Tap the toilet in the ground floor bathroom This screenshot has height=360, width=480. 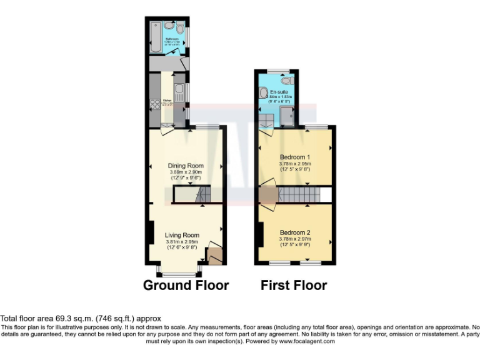(180, 29)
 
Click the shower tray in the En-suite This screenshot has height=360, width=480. (287, 116)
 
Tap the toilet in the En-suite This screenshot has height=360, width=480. (286, 81)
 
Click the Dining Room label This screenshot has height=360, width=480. (187, 166)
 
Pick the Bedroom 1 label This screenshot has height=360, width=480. (294, 157)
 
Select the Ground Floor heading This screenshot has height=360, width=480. (186, 286)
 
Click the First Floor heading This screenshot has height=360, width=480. (294, 286)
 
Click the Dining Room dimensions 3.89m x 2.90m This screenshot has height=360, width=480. (187, 172)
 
